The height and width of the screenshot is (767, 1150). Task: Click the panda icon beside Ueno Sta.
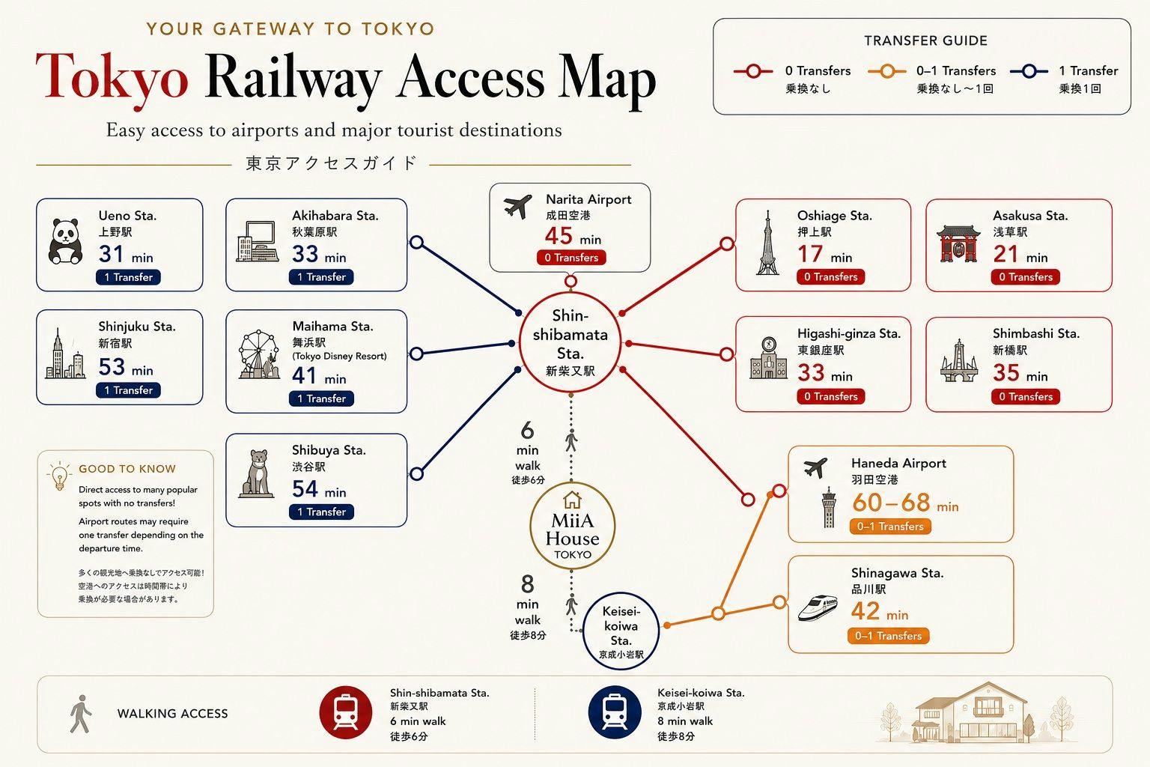[x=65, y=241]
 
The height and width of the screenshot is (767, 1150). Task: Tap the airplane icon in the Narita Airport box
[x=517, y=207]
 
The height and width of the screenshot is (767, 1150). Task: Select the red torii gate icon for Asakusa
[x=958, y=243]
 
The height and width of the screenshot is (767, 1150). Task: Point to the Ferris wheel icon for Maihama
[x=260, y=355]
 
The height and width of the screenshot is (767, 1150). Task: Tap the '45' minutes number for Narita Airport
[x=559, y=236]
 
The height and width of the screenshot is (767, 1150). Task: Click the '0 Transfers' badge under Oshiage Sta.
[x=830, y=277]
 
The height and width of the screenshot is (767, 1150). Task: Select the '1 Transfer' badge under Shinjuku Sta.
[x=128, y=390]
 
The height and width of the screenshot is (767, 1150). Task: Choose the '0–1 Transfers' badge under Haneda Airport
[x=890, y=527]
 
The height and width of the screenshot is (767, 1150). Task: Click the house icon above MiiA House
[x=572, y=500]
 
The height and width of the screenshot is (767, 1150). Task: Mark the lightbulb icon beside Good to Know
[x=59, y=476]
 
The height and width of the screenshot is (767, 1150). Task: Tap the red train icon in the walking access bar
[x=345, y=712]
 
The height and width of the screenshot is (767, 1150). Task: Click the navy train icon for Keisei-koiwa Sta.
[x=615, y=712]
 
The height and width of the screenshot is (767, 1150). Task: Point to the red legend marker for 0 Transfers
[x=753, y=71]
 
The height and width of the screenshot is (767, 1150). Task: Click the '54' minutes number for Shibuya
[x=305, y=489]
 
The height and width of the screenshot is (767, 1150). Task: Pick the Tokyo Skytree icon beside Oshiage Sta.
[x=767, y=242]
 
